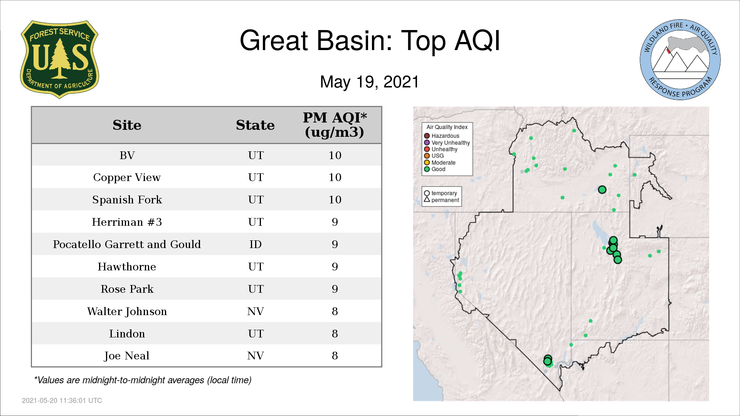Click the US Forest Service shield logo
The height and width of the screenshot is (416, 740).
pyautogui.click(x=59, y=59)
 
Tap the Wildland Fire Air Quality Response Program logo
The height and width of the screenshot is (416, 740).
pyautogui.click(x=680, y=60)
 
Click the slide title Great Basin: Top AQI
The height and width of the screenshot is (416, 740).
pyautogui.click(x=370, y=40)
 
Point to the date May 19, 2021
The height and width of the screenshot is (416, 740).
pyautogui.click(x=369, y=82)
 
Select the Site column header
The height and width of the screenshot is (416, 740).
pyautogui.click(x=127, y=125)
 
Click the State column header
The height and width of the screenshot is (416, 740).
pyautogui.click(x=255, y=125)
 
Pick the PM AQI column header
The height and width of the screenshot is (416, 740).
pyautogui.click(x=335, y=125)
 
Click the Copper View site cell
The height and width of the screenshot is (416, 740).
pyautogui.click(x=127, y=178)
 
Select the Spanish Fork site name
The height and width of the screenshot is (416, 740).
pyautogui.click(x=127, y=200)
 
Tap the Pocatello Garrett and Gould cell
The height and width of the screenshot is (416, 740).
pyautogui.click(x=127, y=244)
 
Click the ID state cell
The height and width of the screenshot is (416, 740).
pyautogui.click(x=255, y=244)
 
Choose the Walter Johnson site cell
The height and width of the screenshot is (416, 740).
pyautogui.click(x=127, y=311)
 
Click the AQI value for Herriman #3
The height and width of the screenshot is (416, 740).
pyautogui.click(x=335, y=222)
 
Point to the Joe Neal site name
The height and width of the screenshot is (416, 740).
pyautogui.click(x=127, y=356)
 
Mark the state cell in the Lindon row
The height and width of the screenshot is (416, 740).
pyautogui.click(x=256, y=334)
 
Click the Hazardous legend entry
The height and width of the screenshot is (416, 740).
pyautogui.click(x=442, y=136)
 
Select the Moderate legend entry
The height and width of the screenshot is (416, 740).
pyautogui.click(x=440, y=163)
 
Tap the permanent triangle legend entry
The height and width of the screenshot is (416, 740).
pyautogui.click(x=441, y=200)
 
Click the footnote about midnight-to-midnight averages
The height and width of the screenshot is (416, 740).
pyautogui.click(x=143, y=380)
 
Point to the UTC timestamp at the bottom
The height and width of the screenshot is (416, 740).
pyautogui.click(x=62, y=401)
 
